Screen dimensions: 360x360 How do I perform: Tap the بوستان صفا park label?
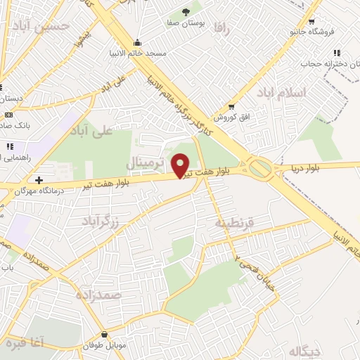coord(186,23)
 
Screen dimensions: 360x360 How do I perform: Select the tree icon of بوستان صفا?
coord(186,12)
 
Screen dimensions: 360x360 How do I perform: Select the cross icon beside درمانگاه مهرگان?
coord(39,180)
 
